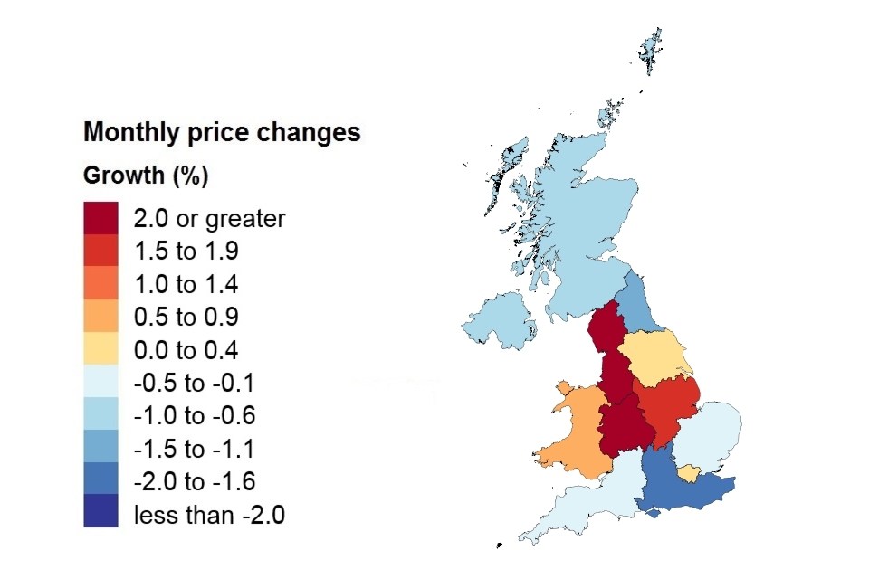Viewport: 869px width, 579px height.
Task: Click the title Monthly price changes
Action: [x=222, y=133]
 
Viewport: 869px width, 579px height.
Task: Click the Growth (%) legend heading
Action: [x=146, y=176]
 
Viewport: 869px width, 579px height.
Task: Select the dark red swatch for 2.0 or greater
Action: [x=100, y=218]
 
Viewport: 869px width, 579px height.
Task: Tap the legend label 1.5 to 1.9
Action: [x=186, y=252]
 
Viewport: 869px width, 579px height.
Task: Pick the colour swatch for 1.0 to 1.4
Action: [x=100, y=284]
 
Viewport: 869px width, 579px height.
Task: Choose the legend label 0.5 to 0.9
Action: [x=186, y=318]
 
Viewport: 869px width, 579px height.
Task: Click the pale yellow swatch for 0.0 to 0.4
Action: [x=100, y=350]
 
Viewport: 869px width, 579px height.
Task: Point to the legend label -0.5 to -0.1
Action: [x=195, y=384]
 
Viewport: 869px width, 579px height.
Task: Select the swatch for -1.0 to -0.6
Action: [x=100, y=416]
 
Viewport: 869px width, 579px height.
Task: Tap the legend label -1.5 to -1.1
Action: [x=195, y=450]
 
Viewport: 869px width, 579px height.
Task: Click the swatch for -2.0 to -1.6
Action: [x=100, y=482]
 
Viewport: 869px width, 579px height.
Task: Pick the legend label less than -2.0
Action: [x=209, y=516]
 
